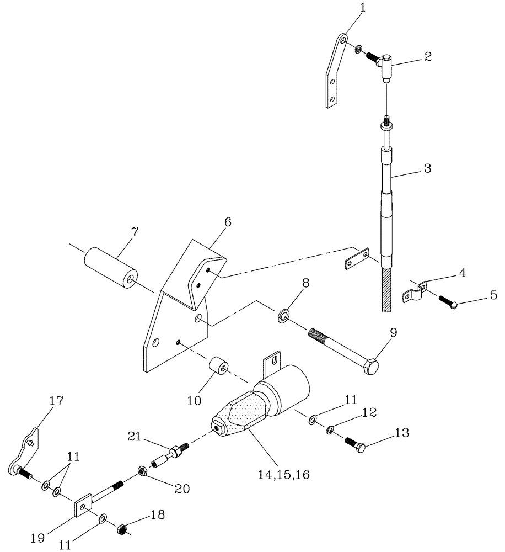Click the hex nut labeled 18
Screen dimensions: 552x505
click(x=122, y=530)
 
